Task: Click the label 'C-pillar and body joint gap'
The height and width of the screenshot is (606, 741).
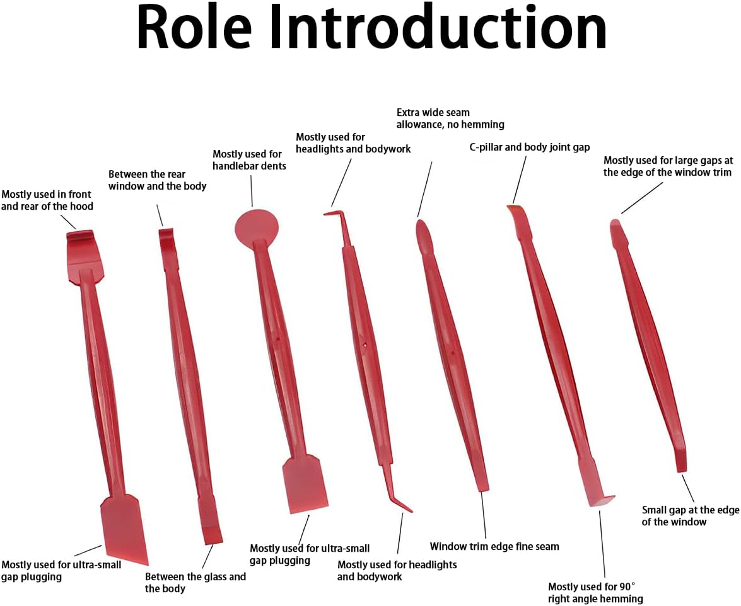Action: point(529,147)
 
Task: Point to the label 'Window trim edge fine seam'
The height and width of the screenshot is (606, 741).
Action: point(494,546)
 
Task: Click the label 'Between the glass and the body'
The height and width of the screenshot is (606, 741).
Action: point(195,582)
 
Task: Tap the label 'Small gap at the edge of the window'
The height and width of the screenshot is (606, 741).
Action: point(690,515)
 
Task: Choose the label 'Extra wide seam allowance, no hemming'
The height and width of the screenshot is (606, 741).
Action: point(450,118)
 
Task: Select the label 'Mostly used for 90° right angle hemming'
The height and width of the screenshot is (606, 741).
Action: point(595,592)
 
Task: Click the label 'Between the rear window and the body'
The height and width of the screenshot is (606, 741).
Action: point(158,180)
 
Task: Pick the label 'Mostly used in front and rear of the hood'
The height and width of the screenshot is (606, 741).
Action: point(47,200)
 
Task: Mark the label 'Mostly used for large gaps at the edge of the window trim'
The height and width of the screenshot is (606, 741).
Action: point(667,166)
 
